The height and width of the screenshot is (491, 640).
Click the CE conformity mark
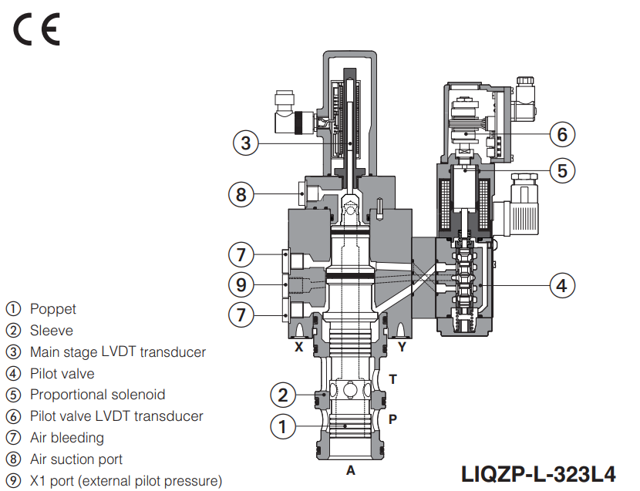pos(35,29)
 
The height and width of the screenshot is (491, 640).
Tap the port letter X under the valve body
pos(298,347)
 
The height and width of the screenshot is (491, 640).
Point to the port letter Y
pos(402,347)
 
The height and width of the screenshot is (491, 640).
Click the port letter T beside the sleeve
pos(392,378)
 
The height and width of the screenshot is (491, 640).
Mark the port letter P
pos(392,419)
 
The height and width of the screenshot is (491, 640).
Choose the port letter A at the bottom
pos(350,470)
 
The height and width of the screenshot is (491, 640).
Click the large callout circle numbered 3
pos(245,143)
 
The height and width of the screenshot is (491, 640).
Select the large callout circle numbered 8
pos(241,194)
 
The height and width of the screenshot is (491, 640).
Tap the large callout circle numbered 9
pos(241,284)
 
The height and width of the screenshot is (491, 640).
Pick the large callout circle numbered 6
pos(562,134)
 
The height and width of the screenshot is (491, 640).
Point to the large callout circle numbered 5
pos(562,170)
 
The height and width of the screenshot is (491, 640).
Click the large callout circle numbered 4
pos(562,285)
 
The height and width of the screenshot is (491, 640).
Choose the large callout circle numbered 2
pos(283,395)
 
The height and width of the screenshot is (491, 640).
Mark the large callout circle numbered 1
pos(283,425)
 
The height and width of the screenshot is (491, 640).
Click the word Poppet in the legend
pos(52,309)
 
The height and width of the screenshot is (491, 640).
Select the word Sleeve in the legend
pos(52,331)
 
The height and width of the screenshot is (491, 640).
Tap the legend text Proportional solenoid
pos(97,395)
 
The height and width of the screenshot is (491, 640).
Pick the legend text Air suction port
pos(76,459)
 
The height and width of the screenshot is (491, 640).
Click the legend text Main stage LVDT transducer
pos(117,352)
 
